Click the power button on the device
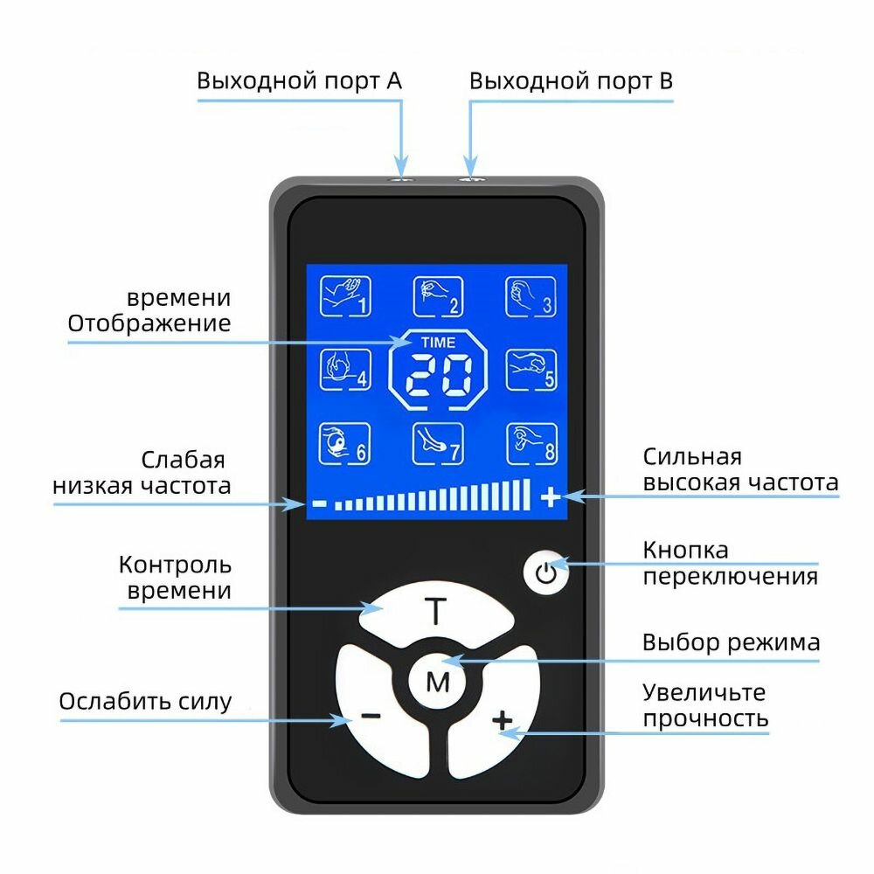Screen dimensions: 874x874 pos(546,573)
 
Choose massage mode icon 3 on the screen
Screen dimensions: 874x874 pos(531,296)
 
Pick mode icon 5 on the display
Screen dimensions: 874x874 pos(531,370)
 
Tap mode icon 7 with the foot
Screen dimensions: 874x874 pos(437,443)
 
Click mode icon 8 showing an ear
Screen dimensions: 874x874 pos(531,443)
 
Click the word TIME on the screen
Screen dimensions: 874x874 pos(437,342)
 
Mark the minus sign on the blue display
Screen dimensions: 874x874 pos(319,503)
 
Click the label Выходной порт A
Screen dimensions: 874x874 pos(299,81)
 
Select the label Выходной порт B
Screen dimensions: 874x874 pos(571,81)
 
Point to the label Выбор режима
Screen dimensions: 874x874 pos(731,643)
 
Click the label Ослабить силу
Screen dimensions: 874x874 pos(145,701)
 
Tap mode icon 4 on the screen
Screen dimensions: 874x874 pos(343,370)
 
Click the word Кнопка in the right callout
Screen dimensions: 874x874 pos(685,551)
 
